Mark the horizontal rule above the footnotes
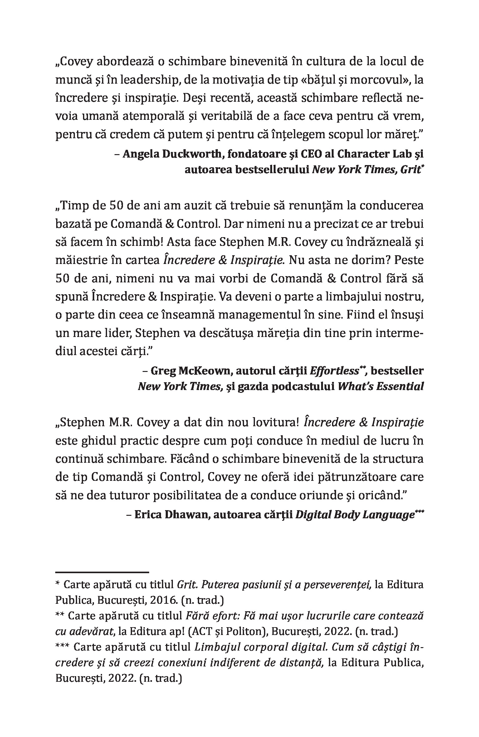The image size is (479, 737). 102,572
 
